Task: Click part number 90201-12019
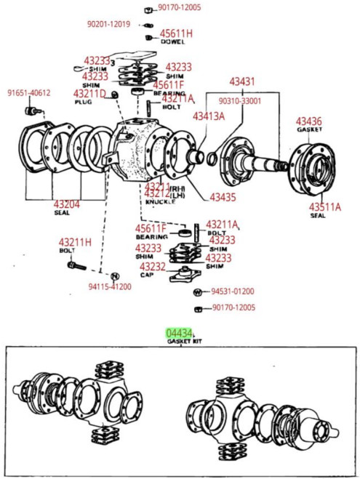coord(108,24)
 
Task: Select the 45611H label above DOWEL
coord(176,33)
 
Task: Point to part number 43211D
coord(89,94)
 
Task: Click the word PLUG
coord(84,102)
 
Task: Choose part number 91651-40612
coord(29,93)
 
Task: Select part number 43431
coord(242,81)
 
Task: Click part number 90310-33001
coord(241,102)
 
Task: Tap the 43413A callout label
coord(209,116)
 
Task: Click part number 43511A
coord(324,206)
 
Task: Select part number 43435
coord(223,197)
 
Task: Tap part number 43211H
coord(75,242)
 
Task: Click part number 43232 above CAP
coord(153,267)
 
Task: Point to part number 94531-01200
coord(233,291)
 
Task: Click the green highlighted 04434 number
coord(179,332)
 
